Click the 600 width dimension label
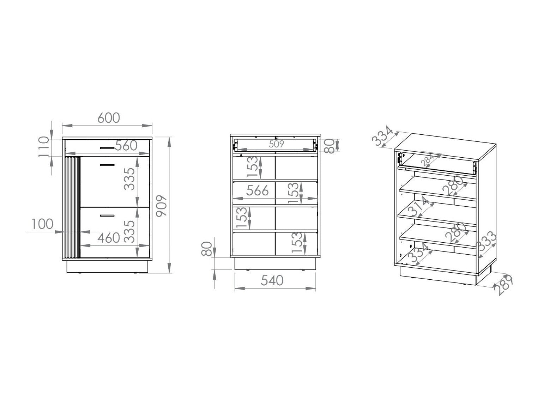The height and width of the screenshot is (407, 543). point(109,118)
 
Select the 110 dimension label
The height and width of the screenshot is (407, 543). point(44,147)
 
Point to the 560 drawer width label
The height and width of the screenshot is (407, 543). point(126,146)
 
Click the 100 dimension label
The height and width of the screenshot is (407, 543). point(43,224)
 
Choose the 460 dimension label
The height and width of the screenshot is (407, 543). point(109,238)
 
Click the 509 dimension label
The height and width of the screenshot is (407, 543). point(276,144)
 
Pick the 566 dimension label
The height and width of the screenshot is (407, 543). point(257,191)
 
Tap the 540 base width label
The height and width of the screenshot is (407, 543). point(272,280)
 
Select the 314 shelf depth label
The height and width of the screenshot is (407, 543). point(419,207)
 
